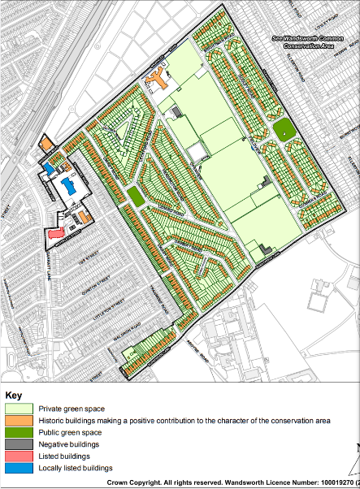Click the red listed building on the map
[55, 233]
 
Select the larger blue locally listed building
[70, 187]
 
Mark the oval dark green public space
[283, 129]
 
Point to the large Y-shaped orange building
[158, 80]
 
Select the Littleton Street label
[98, 305]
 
